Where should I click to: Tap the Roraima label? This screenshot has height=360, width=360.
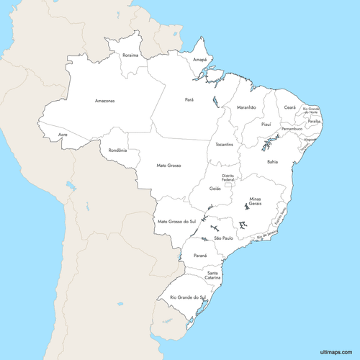pos(130,55)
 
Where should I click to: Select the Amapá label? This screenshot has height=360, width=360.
pos(201,61)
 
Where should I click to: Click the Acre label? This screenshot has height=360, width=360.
pos(63,134)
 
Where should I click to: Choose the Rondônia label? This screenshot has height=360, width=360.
pos(117,150)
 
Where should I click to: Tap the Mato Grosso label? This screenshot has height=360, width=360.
pos(168,166)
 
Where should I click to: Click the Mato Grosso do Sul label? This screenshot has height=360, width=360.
pos(177,221)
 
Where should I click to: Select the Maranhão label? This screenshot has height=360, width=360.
pos(246,107)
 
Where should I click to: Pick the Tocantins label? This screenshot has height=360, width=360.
pos(224,145)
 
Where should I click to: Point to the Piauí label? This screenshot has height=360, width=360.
pos(266,124)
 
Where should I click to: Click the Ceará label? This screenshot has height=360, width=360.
pos(290,107)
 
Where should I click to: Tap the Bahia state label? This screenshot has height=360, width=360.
pos(272,162)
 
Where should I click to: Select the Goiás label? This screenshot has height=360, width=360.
pos(215,189)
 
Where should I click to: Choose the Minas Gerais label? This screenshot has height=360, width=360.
pos(255,201)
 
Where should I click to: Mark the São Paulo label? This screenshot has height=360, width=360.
pos(223,238)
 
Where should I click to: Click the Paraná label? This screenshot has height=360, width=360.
pos(200,256)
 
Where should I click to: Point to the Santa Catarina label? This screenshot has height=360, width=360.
pos(212,275)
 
